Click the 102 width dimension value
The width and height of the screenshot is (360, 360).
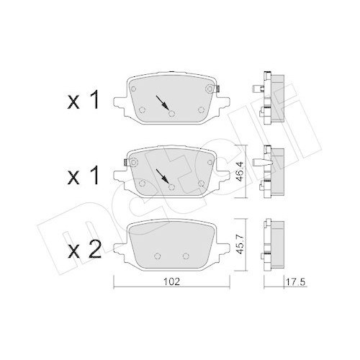[168, 282]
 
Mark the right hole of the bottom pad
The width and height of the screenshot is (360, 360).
[186, 256]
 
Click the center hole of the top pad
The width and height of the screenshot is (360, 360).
[171, 112]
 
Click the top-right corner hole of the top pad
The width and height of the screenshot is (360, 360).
[210, 89]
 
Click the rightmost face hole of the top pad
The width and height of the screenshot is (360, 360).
[200, 109]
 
